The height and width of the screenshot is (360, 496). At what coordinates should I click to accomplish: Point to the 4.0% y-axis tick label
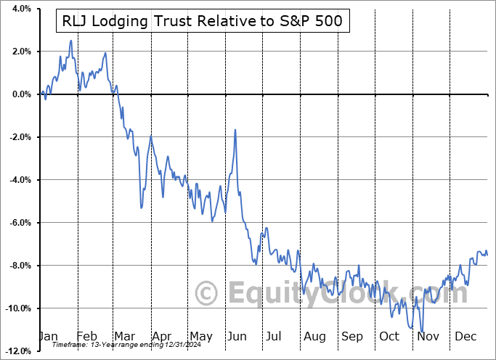click(20, 9)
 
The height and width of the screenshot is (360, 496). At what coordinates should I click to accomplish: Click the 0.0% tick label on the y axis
click(20, 94)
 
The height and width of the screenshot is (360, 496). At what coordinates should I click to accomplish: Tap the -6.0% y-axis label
click(18, 223)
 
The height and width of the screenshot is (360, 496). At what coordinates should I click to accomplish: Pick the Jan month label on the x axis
click(48, 337)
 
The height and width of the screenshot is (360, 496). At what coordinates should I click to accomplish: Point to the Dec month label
click(465, 337)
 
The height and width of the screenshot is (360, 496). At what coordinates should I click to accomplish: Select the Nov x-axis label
click(428, 337)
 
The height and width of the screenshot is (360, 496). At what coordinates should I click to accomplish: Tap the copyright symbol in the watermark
click(207, 293)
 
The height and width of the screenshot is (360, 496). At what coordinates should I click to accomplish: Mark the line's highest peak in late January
click(70, 41)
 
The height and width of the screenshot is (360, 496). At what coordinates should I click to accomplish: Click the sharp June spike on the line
click(235, 130)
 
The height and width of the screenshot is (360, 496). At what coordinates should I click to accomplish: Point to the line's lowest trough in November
click(422, 331)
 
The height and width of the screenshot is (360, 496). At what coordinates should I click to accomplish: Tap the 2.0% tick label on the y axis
click(20, 52)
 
